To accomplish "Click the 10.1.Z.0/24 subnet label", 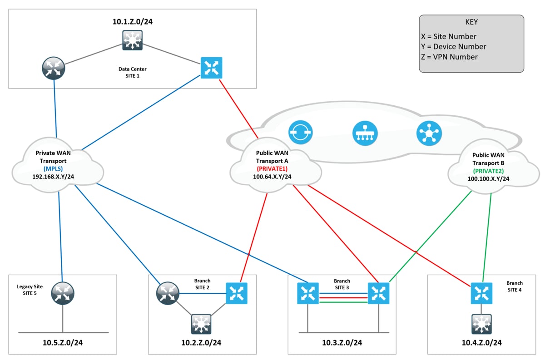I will [132, 21].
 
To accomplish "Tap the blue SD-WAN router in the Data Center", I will [211, 68].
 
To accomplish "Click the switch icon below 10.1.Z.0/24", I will [132, 40].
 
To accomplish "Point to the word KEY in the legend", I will [471, 22].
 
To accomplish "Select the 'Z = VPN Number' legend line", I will [449, 57].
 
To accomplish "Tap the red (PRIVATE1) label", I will [272, 168].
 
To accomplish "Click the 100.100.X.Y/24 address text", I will [488, 179].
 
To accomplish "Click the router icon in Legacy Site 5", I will [63, 293].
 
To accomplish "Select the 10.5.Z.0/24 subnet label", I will [63, 342].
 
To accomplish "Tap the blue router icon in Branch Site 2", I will [237, 293].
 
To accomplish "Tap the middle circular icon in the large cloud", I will [365, 133].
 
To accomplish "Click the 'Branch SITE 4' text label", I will [514, 286].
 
